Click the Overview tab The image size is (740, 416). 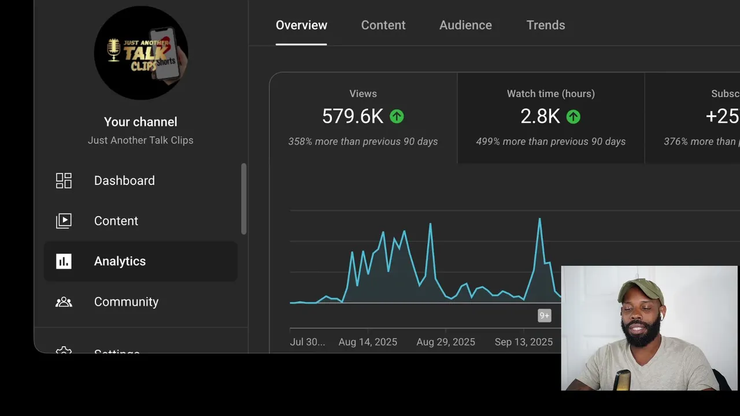(301, 25)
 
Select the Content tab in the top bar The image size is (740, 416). (383, 25)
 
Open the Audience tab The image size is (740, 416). (465, 25)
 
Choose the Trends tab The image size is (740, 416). (546, 25)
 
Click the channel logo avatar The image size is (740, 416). (140, 53)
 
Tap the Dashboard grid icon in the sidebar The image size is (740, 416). (64, 181)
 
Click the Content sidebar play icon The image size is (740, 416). (64, 221)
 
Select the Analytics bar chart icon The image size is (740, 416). (64, 261)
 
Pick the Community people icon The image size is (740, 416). (64, 302)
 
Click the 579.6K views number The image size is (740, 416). (352, 117)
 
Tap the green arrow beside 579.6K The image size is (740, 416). (397, 117)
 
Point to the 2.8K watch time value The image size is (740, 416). (540, 117)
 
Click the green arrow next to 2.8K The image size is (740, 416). (573, 117)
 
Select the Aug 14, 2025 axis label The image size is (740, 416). (368, 342)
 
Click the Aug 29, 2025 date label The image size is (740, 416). (446, 342)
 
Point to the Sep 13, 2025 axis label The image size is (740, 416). (524, 342)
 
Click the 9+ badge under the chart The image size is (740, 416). (544, 315)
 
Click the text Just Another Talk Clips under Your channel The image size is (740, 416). (140, 140)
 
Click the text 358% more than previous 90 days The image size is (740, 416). (363, 142)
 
